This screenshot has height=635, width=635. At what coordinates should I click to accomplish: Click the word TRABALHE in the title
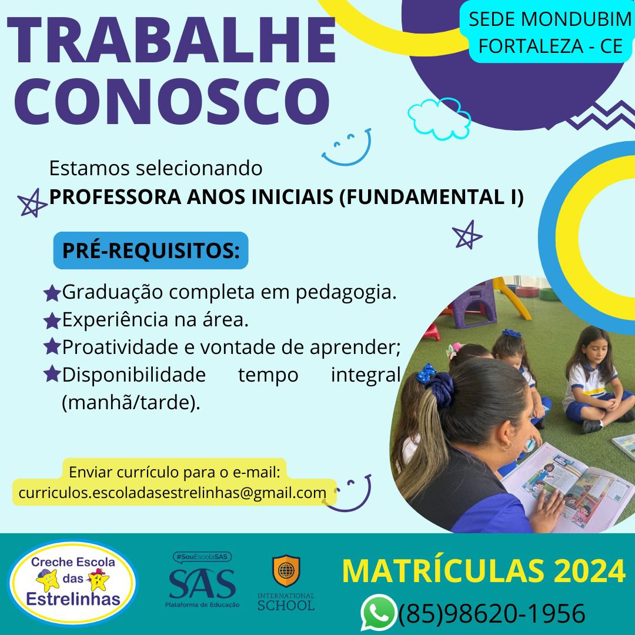172,40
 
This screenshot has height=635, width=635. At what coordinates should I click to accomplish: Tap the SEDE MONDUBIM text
550,19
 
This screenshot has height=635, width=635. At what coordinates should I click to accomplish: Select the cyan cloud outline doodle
439,118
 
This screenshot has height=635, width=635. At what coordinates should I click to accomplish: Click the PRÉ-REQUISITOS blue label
151,250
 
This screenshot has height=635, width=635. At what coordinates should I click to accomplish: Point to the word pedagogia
346,293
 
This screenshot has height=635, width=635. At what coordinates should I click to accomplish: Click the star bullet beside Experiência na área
52,321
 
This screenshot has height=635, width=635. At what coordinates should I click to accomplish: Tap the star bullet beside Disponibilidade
52,374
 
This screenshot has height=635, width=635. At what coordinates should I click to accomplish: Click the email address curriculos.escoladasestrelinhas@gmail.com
172,493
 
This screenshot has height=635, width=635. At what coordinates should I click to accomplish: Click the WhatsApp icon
378,612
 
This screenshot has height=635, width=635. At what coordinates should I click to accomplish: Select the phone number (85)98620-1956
492,613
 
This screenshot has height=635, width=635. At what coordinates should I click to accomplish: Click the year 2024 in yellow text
590,570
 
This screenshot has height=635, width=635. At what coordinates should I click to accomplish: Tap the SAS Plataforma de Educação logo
202,580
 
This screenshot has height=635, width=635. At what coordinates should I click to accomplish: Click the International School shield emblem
286,570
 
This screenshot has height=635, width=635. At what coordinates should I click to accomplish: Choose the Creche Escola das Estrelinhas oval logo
73,582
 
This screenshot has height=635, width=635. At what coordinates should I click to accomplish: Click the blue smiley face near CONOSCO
347,148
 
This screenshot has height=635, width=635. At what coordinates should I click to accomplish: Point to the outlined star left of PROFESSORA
32,203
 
